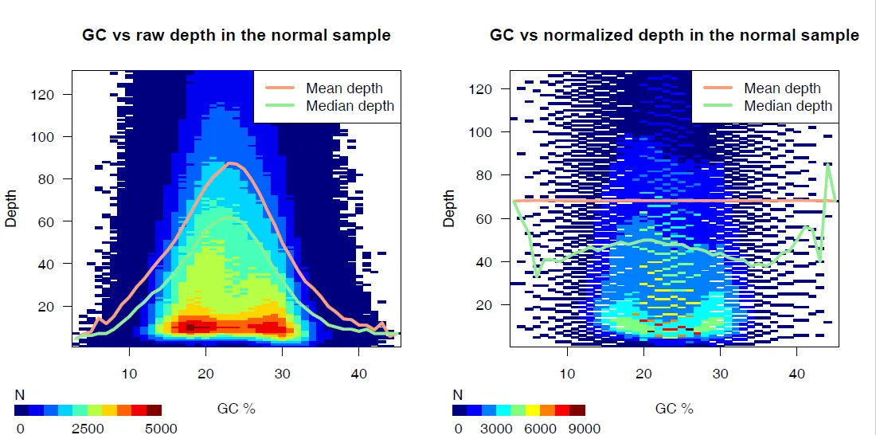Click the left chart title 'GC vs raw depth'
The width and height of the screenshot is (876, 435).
[x=237, y=35]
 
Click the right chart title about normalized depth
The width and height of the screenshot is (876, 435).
[x=675, y=35]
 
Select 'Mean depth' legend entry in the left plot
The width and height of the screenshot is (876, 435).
[x=344, y=88]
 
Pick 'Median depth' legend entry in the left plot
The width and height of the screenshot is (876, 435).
[x=350, y=106]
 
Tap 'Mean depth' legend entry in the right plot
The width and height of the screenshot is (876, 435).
[x=782, y=88]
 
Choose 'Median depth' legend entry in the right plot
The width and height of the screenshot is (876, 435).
[x=788, y=106]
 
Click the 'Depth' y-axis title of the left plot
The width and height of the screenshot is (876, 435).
[x=11, y=209]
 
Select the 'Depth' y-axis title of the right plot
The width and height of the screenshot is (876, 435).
[x=449, y=209]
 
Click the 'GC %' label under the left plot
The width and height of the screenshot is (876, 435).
[x=237, y=409]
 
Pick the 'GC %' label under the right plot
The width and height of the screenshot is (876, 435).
[x=675, y=409]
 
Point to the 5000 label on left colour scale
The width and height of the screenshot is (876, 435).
[x=160, y=429]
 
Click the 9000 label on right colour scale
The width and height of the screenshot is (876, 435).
[x=585, y=429]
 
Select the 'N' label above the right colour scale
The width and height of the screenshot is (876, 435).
[x=457, y=394]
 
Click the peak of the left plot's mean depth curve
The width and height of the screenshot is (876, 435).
[x=230, y=163]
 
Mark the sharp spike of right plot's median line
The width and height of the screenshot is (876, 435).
[x=828, y=165]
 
